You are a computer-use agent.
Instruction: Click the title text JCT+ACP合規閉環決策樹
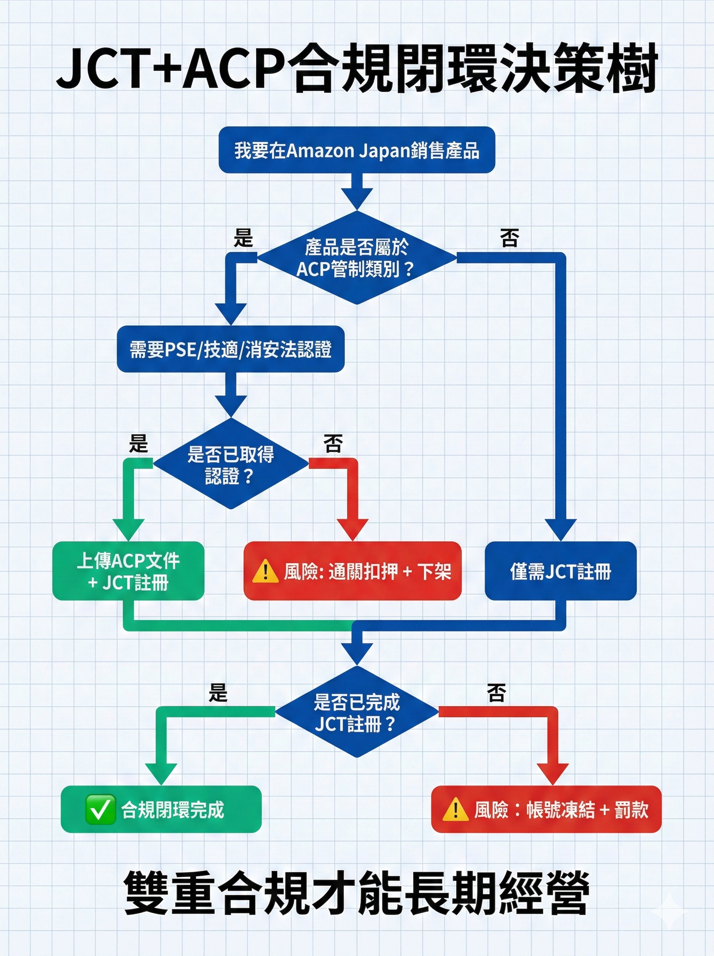click(357, 69)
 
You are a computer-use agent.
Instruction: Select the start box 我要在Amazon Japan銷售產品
click(357, 150)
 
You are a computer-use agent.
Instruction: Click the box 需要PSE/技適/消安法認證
click(231, 349)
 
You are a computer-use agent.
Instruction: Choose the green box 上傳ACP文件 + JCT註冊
click(128, 571)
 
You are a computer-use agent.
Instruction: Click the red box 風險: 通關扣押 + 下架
click(353, 571)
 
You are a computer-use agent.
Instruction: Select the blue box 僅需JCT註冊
click(561, 571)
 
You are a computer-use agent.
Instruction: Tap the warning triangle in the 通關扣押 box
click(265, 572)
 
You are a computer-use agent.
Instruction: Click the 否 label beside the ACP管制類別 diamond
click(509, 238)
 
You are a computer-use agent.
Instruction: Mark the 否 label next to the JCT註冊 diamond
click(496, 692)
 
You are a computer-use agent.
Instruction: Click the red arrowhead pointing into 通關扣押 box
click(353, 529)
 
